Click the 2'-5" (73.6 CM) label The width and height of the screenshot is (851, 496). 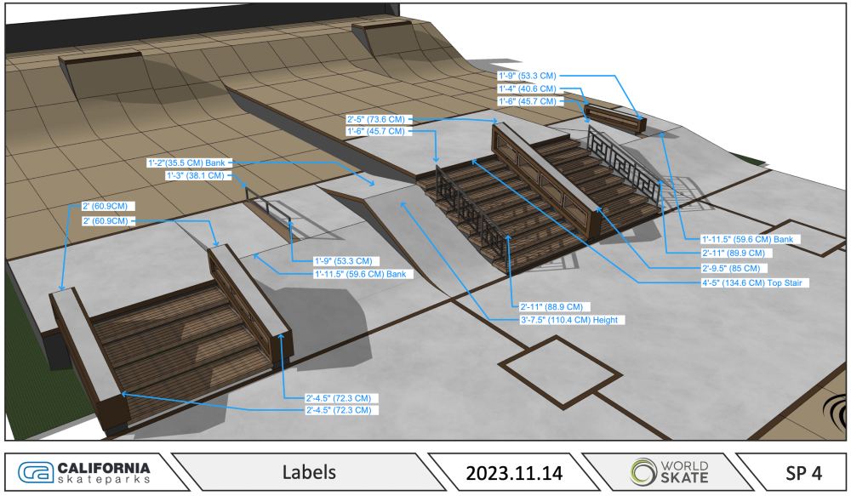376,119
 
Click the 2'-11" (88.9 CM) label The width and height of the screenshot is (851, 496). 551,305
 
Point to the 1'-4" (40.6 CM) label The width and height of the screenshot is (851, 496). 528,88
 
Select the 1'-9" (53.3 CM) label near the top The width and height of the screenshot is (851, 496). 528,76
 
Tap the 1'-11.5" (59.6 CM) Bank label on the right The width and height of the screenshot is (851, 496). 746,239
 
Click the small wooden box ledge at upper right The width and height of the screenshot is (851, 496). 614,118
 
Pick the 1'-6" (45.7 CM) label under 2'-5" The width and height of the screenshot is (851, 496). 376,132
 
